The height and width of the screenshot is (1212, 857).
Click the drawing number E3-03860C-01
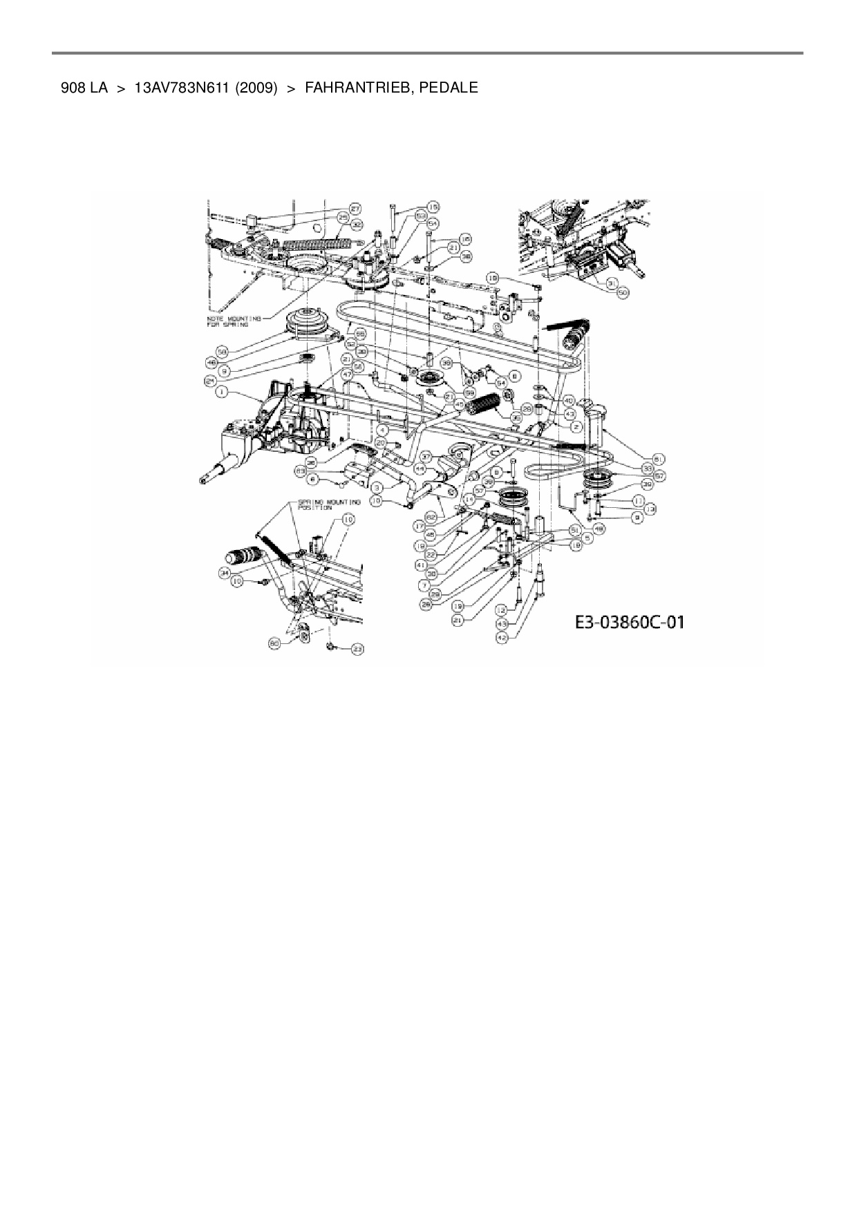coord(630,622)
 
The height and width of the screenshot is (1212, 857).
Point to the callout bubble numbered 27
coord(355,208)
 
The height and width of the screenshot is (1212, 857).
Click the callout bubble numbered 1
coord(221,392)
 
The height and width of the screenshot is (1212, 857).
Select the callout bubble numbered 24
coord(210,381)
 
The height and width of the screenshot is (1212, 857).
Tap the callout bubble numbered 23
coord(358,649)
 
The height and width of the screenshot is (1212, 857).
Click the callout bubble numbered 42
coord(502,638)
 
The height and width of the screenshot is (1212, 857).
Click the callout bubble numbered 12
coord(502,612)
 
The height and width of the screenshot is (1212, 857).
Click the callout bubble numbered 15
coord(433,206)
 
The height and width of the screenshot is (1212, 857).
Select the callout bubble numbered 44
coord(420,467)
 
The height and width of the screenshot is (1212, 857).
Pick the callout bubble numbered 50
coord(623,293)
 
